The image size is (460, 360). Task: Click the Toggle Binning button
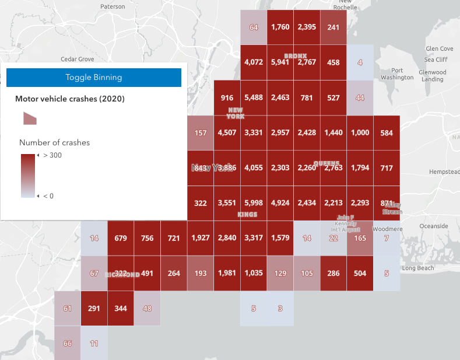pyautogui.click(x=93, y=78)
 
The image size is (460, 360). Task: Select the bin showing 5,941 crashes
pyautogui.click(x=280, y=62)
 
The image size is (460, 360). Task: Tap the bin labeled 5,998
pyautogui.click(x=254, y=203)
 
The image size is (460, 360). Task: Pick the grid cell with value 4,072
pyautogui.click(x=254, y=62)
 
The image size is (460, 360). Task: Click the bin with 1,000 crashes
pyautogui.click(x=360, y=132)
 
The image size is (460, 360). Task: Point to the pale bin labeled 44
pyautogui.click(x=360, y=97)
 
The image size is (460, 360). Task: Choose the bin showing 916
pyautogui.click(x=227, y=97)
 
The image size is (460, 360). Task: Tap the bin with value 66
pyautogui.click(x=67, y=343)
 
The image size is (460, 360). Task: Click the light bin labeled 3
pyautogui.click(x=280, y=308)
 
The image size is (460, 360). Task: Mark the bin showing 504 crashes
pyautogui.click(x=360, y=273)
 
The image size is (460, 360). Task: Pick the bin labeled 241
pyautogui.click(x=333, y=27)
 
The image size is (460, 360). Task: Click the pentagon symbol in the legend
pyautogui.click(x=30, y=118)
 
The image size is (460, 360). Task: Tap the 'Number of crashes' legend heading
pyautogui.click(x=54, y=142)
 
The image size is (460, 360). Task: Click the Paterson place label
pyautogui.click(x=113, y=6)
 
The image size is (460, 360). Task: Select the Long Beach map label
pyautogui.click(x=418, y=268)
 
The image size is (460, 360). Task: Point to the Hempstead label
pyautogui.click(x=444, y=173)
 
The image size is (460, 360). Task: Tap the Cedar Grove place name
pyautogui.click(x=78, y=59)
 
